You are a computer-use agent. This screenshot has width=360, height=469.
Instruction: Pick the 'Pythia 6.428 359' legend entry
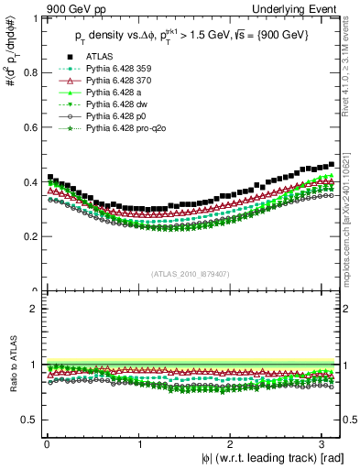[x=119, y=69]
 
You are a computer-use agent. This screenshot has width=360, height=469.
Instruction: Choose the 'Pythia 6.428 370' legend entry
[x=119, y=82]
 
